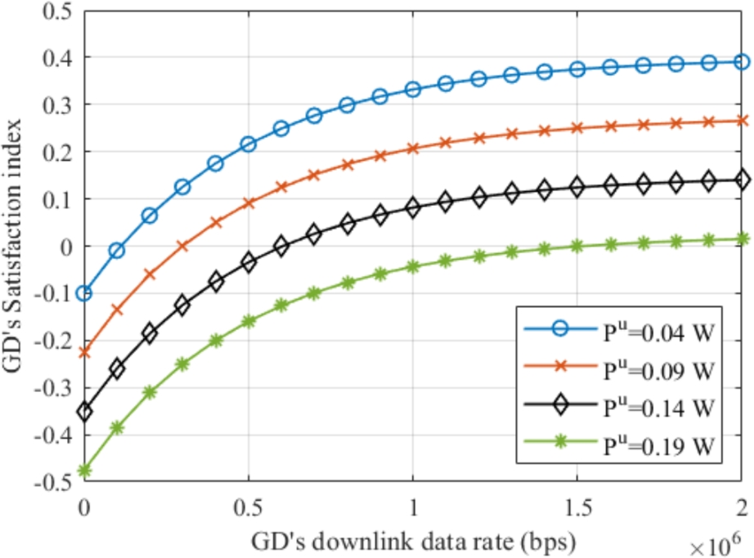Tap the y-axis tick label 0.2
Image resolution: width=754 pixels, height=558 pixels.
59,152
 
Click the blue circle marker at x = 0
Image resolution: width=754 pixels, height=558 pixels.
83,292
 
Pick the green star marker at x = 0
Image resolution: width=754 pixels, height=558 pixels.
83,470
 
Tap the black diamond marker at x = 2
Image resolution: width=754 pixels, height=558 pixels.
742,181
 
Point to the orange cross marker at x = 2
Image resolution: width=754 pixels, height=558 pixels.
742,121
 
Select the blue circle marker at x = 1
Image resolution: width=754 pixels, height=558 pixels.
412,89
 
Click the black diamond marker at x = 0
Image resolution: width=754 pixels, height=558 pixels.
83,411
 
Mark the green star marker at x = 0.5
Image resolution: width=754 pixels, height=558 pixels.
248,321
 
